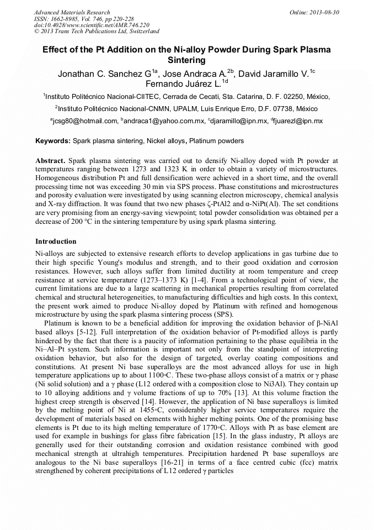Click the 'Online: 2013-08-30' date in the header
point(314,12)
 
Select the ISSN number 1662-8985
point(68,19)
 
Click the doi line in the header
point(92,25)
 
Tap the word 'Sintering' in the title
point(186,60)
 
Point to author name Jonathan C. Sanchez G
point(105,74)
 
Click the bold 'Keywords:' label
point(53,141)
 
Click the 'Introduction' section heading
point(56,242)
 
